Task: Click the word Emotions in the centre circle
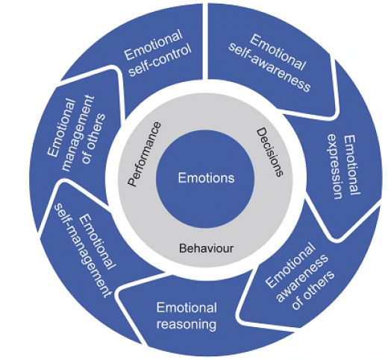point(206,178)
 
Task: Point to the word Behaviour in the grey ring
point(205,247)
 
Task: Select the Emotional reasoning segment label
point(187,315)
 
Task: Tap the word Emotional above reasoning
point(187,307)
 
